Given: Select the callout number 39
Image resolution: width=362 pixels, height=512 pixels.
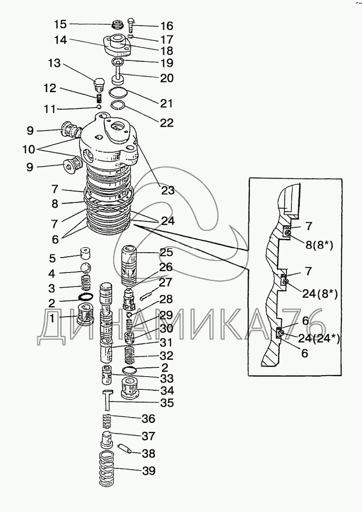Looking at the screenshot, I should pyautogui.click(x=148, y=471).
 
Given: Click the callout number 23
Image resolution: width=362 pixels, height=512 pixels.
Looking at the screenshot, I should pyautogui.click(x=167, y=191).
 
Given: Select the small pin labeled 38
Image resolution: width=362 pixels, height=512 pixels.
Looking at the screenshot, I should pyautogui.click(x=127, y=449).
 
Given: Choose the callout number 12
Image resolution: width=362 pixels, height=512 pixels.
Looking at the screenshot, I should pyautogui.click(x=50, y=88).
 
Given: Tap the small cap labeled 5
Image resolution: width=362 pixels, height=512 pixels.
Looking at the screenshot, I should pyautogui.click(x=84, y=254).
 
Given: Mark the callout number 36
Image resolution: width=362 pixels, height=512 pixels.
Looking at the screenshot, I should pyautogui.click(x=148, y=418).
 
